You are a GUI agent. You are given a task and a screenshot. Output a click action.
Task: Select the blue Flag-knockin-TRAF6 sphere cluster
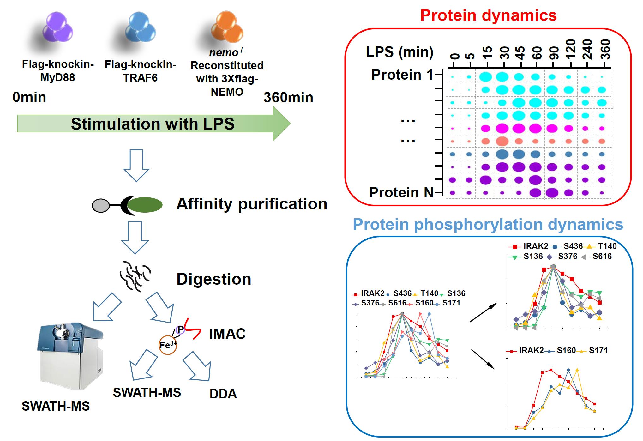coord(141,28)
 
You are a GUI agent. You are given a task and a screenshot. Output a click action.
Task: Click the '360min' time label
coord(288,97)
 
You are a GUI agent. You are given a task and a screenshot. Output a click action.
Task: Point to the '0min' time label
coord(29,97)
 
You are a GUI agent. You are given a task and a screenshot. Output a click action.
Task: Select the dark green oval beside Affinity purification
coord(145,205)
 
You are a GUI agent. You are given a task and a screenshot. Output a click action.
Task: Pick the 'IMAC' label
coord(227,334)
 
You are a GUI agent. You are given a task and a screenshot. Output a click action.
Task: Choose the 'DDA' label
coord(223,394)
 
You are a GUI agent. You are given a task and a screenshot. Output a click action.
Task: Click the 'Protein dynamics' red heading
coord(488,15)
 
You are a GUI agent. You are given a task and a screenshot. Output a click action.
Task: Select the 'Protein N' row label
coord(401,192)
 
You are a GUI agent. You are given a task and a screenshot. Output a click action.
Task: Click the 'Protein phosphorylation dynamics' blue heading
coord(488,224)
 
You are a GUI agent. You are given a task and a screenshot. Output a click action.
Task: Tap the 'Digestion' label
coord(214,279)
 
